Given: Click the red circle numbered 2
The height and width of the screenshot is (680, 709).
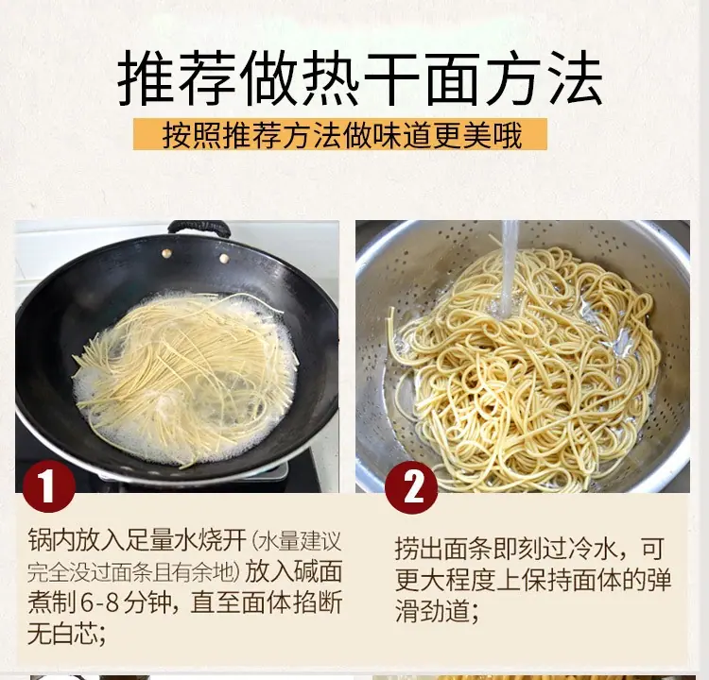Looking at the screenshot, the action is click(412, 487).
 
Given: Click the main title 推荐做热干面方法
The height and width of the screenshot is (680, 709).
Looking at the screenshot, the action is click(360, 80).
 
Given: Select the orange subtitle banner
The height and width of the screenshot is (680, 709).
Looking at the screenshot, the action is click(340, 134).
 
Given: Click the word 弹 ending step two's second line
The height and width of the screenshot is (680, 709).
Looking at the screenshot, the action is click(658, 580).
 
